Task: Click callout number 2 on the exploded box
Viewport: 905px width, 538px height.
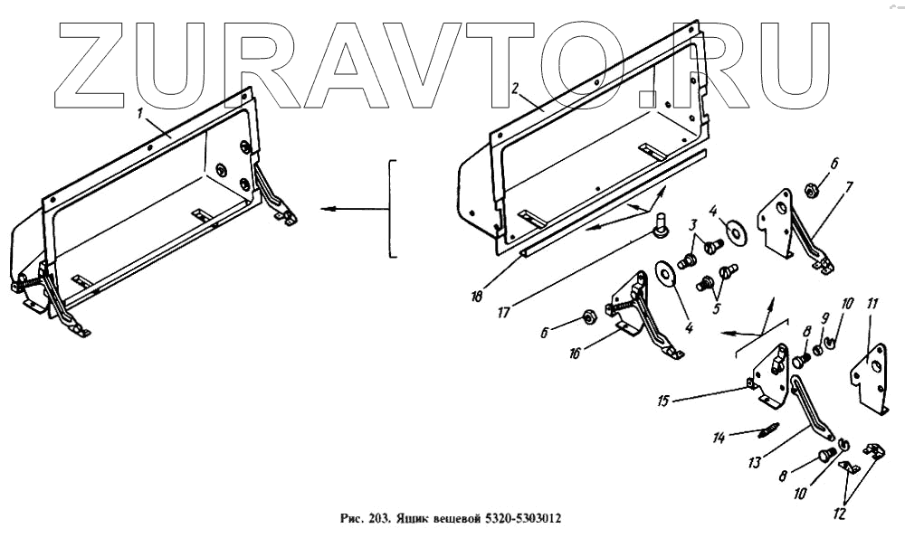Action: (514, 89)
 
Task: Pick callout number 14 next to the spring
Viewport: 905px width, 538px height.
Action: (719, 439)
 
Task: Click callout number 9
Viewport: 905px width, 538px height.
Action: (824, 317)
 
